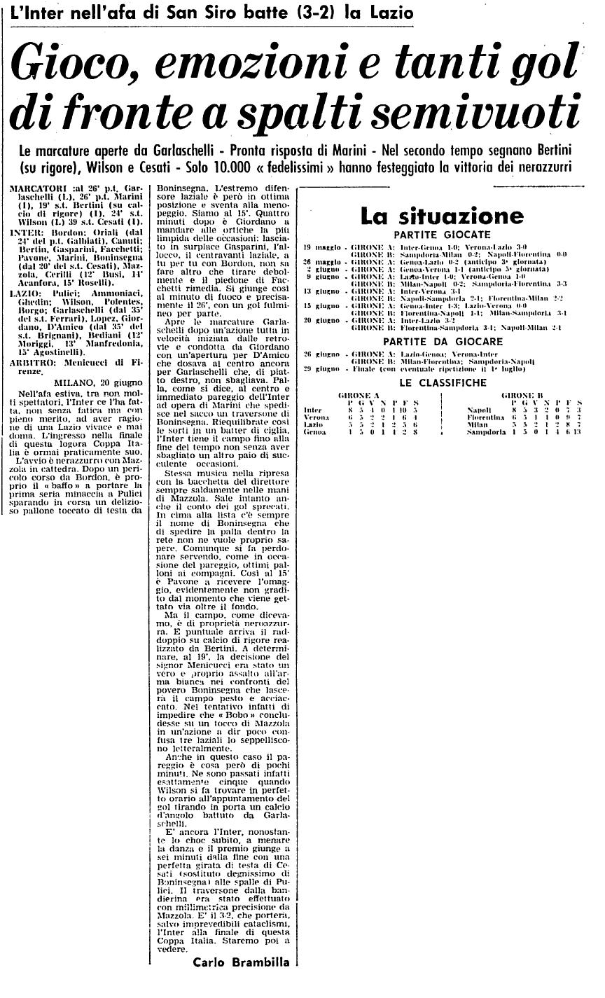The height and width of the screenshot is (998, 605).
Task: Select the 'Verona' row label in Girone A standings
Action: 317,417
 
